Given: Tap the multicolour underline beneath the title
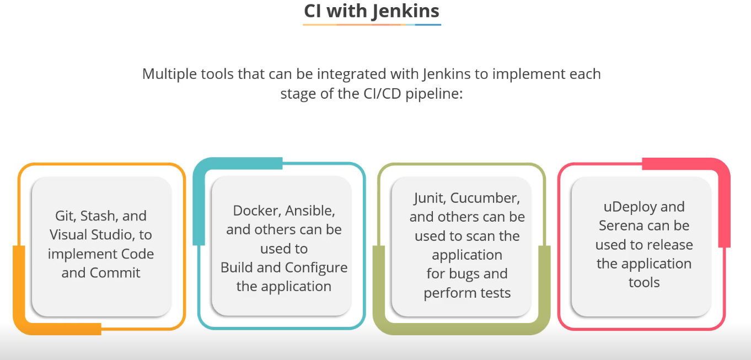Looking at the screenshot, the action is click(372, 24).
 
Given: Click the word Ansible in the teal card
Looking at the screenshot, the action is click(311, 211).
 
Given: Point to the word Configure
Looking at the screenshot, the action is click(317, 267).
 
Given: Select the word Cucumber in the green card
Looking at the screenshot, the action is click(489, 198).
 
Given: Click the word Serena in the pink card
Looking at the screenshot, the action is click(619, 225).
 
